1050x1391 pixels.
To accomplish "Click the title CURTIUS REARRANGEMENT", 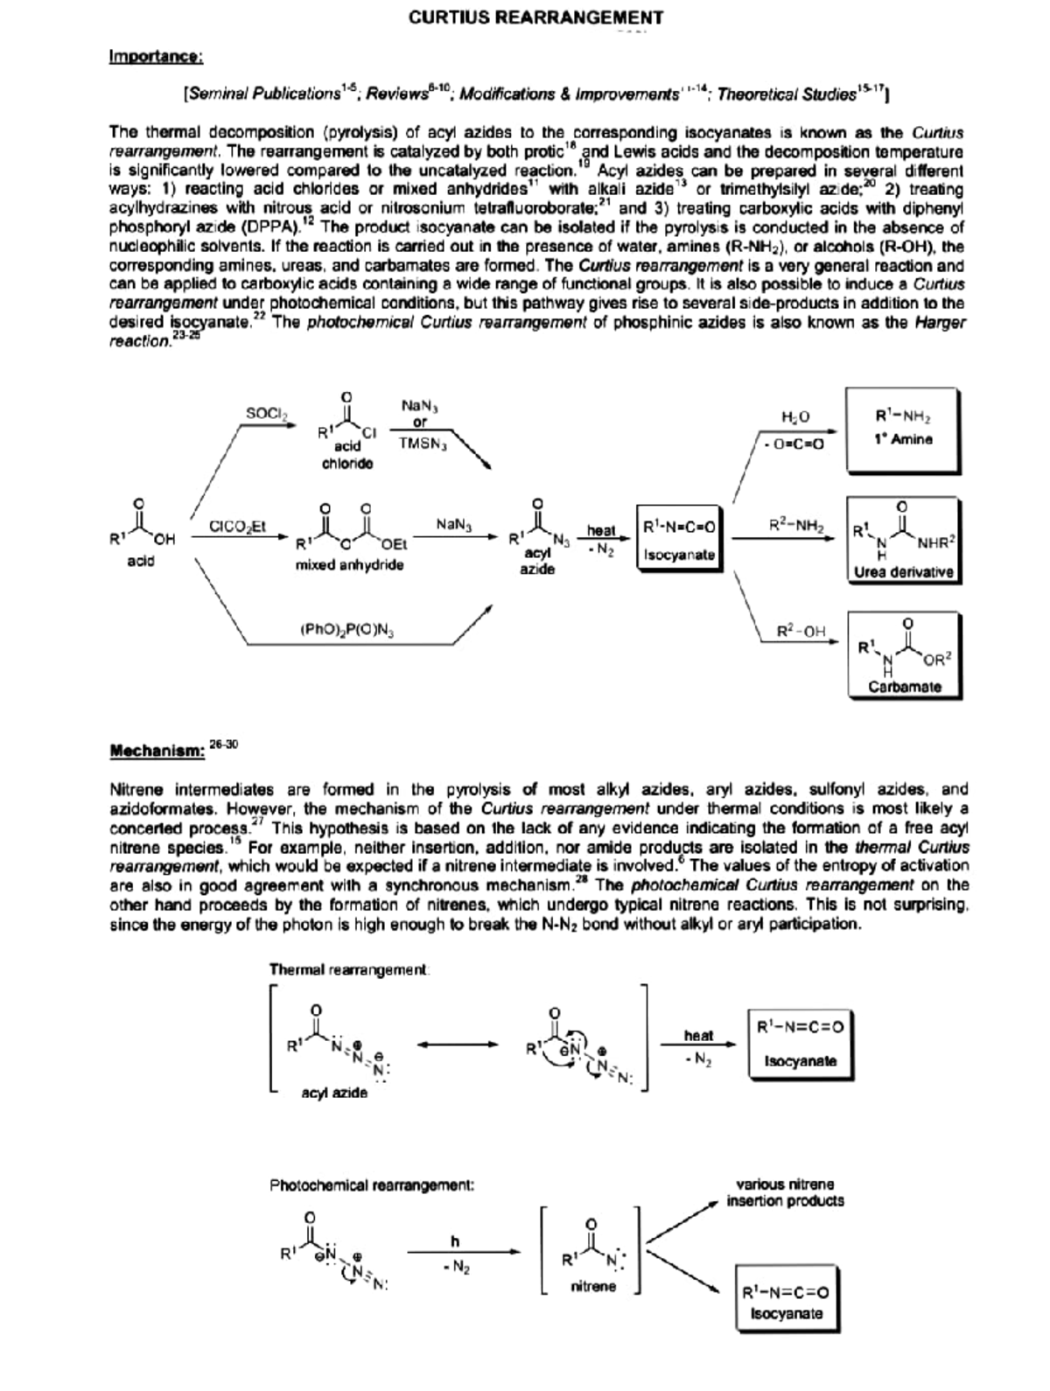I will click(535, 17).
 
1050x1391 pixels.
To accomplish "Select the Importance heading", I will click(156, 57).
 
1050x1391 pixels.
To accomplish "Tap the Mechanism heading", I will click(157, 750).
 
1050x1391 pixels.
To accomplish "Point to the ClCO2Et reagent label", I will click(237, 526).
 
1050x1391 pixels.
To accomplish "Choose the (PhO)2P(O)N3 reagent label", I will click(346, 628).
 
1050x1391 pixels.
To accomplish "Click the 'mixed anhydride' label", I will click(350, 565).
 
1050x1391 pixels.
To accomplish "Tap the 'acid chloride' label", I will click(347, 455).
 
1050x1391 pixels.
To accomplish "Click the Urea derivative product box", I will click(903, 540).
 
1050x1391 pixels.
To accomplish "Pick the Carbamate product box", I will click(905, 655).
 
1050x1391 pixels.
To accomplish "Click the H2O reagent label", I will click(795, 417).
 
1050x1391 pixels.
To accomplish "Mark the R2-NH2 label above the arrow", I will click(796, 526).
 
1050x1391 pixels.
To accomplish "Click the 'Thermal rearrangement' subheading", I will click(349, 970).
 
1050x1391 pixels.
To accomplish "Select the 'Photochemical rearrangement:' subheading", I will click(372, 1185).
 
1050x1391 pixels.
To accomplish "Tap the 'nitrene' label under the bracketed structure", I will click(592, 1287).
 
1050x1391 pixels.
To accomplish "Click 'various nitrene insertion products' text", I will click(785, 1192).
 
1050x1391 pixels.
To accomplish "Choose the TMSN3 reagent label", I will click(423, 443).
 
